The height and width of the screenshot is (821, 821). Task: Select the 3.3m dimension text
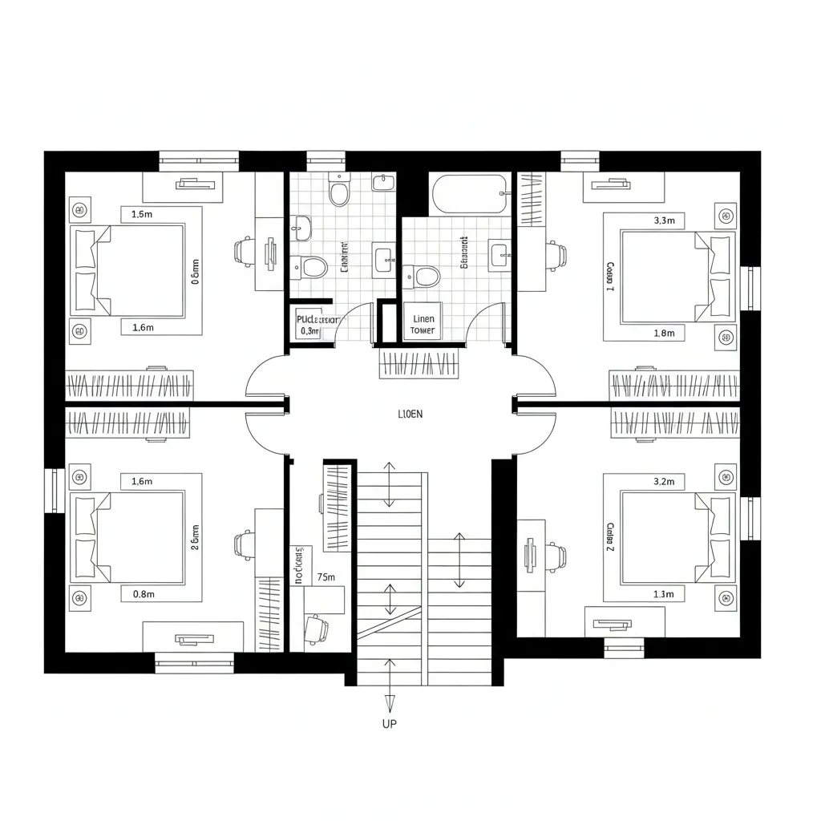[665, 220]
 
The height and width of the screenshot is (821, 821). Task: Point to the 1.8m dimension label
[665, 333]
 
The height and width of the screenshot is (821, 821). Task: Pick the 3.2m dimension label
[665, 481]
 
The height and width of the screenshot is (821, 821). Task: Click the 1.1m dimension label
[664, 594]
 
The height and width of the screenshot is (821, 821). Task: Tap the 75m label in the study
[326, 576]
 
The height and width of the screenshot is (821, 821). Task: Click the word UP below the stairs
[390, 723]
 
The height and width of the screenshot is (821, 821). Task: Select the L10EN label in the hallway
[410, 415]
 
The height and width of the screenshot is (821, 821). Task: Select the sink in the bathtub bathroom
[500, 255]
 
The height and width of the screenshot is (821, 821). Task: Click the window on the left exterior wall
[52, 490]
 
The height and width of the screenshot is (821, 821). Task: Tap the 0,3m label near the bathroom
[309, 330]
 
